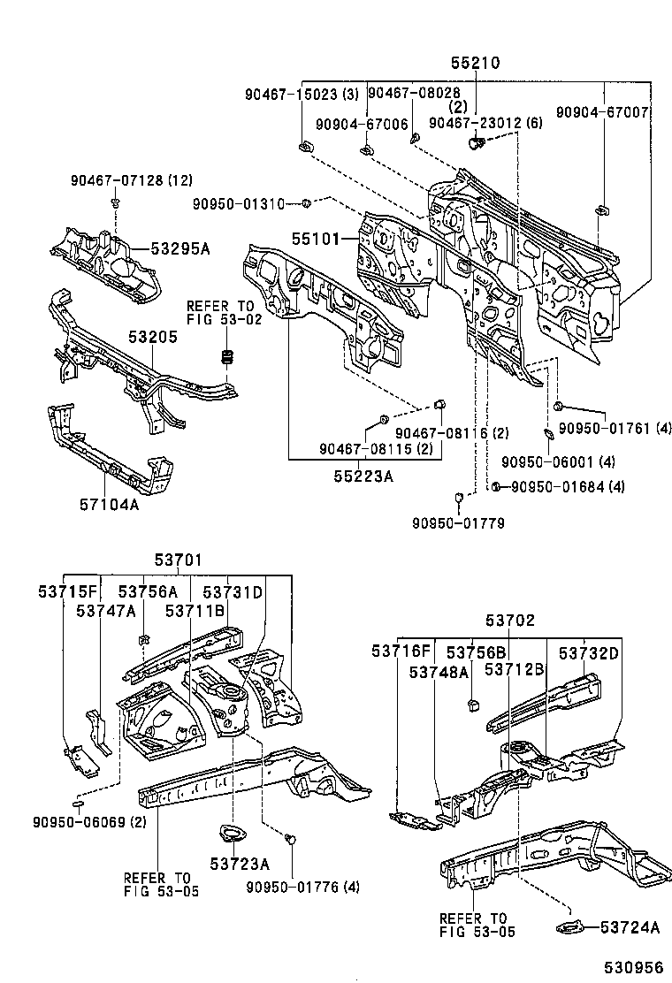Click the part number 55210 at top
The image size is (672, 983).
point(475,64)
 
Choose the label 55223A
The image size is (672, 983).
point(363,476)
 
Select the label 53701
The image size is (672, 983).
point(179,560)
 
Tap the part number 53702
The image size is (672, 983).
point(510,621)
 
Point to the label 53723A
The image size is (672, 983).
point(239,862)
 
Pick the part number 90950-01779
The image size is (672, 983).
point(458,523)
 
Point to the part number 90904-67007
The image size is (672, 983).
point(602,112)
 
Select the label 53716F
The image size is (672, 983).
point(401,652)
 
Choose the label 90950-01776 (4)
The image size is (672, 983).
point(302,887)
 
